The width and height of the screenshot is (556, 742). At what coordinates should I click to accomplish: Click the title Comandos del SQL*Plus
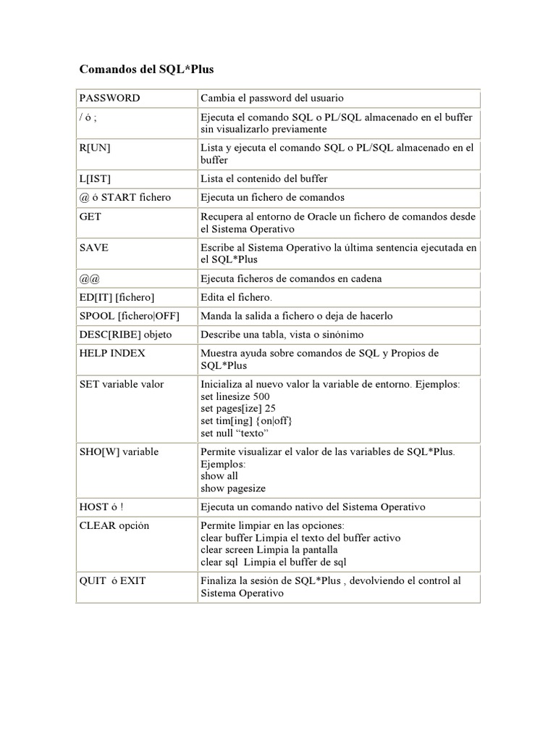[146, 70]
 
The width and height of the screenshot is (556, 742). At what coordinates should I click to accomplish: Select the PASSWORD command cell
[110, 98]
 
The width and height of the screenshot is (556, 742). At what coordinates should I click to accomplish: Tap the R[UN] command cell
[95, 147]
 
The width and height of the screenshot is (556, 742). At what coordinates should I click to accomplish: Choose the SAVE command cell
[93, 247]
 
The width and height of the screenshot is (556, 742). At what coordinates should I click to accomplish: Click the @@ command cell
[89, 278]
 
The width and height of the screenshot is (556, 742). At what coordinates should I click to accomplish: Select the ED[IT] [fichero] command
[117, 297]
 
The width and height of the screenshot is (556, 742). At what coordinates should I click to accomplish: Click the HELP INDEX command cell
[112, 353]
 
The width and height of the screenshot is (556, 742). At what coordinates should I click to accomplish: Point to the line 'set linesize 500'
[235, 396]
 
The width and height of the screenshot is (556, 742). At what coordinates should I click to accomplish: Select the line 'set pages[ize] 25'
[236, 409]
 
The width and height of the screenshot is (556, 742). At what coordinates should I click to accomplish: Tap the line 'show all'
[219, 476]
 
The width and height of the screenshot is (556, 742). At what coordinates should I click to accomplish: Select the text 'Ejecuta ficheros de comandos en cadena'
[291, 278]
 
